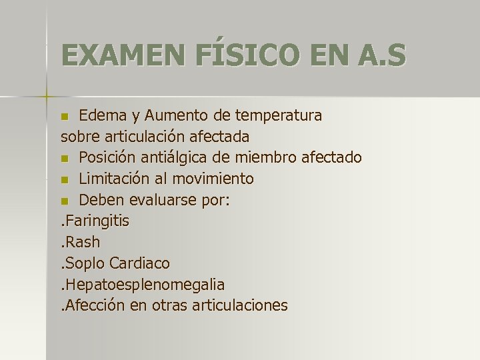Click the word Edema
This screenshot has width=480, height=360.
tap(101, 116)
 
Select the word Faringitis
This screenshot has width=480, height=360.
tap(97, 221)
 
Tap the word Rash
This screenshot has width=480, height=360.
tap(83, 243)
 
